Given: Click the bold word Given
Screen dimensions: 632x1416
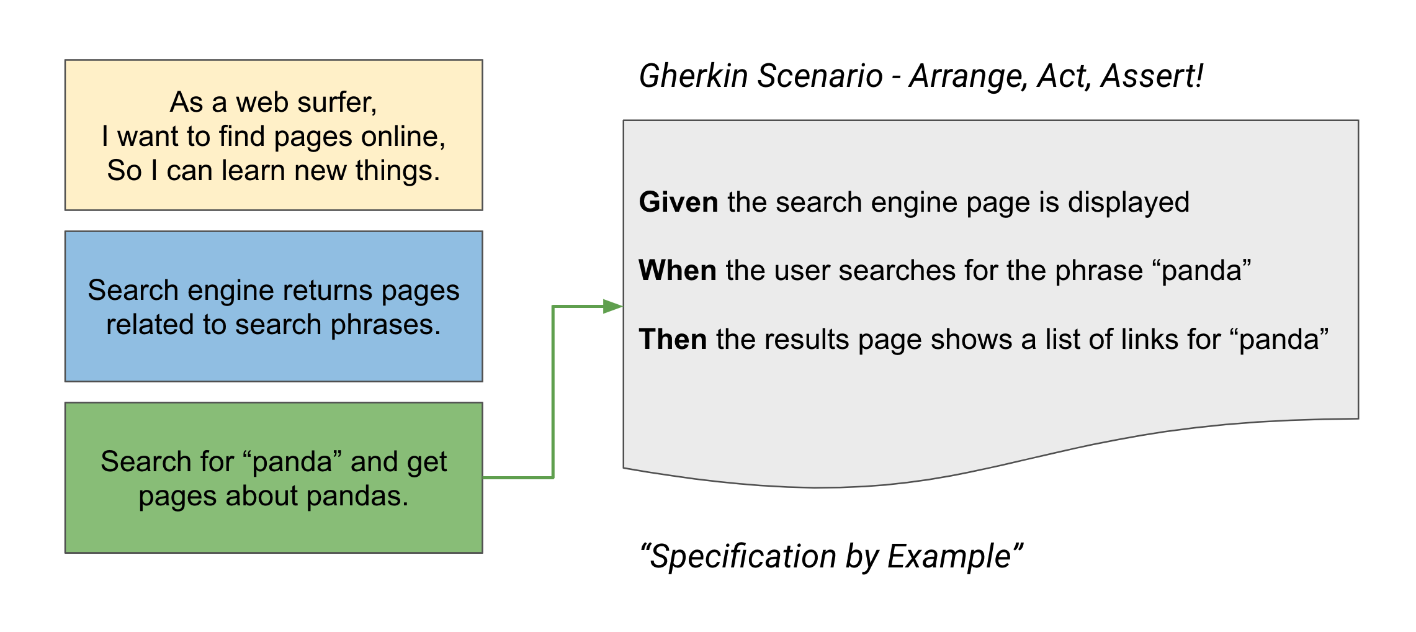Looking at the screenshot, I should pos(678,202).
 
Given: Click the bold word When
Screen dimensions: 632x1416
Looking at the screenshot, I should pos(678,271).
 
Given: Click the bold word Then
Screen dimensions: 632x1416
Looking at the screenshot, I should pos(673,340).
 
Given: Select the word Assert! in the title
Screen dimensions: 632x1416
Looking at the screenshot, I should pos(1152,76).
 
